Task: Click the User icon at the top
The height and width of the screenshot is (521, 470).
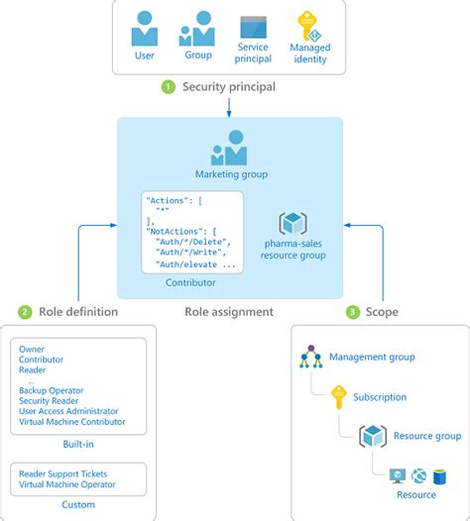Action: click(146, 30)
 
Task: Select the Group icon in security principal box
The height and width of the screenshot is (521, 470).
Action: click(196, 30)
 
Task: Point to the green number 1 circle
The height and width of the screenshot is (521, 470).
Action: click(169, 87)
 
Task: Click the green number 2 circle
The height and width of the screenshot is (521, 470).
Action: click(25, 312)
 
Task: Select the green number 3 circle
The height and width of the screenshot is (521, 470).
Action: click(352, 312)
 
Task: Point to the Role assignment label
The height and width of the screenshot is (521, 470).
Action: click(229, 312)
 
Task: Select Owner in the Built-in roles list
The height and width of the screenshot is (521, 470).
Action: click(31, 350)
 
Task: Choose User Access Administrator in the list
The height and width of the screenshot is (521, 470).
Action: click(68, 411)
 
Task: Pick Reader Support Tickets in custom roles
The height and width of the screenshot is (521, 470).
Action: click(62, 473)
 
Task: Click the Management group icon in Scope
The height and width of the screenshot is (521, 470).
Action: click(311, 357)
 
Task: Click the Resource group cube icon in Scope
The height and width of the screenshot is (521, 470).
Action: click(373, 435)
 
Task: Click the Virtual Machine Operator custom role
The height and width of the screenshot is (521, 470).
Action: click(66, 484)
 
